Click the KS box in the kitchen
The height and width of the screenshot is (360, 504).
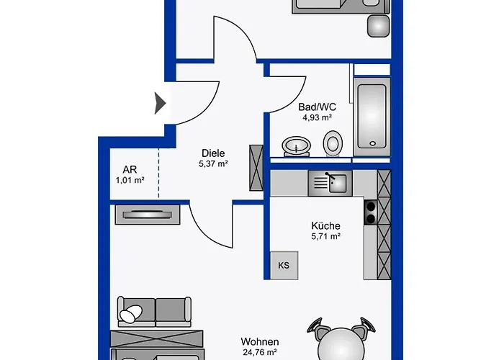tap(284, 265)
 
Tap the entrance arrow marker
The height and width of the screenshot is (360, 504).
tap(160, 103)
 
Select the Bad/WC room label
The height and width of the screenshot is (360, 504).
tap(317, 107)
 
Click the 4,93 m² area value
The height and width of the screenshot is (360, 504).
tap(317, 117)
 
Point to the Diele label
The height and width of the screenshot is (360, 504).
tap(213, 153)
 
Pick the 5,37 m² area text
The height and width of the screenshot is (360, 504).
tap(213, 163)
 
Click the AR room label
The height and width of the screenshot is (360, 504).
tap(130, 169)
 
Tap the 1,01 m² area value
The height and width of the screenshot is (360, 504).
tap(130, 180)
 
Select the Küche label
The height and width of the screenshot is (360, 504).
tap(325, 225)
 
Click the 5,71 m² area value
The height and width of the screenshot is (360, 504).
tap(325, 236)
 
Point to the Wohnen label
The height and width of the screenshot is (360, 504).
tap(260, 341)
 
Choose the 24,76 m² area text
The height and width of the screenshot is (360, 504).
tap(260, 352)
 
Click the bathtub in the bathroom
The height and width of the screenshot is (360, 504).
tap(372, 117)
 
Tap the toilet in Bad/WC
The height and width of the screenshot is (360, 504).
tap(333, 143)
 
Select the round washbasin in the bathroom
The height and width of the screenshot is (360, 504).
tap(297, 147)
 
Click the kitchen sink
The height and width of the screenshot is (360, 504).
tap(330, 183)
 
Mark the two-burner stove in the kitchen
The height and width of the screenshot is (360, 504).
tap(371, 212)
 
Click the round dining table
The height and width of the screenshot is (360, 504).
tap(341, 345)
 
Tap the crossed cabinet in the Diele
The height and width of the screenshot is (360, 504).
tap(256, 168)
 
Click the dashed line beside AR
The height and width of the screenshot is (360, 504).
tap(158, 174)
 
